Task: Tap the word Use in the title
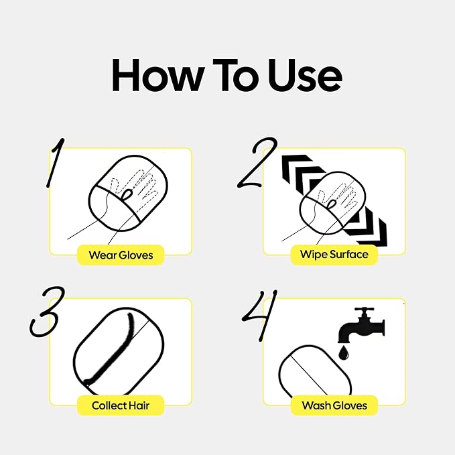(305, 75)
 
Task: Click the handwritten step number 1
(55, 162)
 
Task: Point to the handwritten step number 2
(257, 163)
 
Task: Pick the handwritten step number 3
(46, 312)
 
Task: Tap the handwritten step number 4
(259, 315)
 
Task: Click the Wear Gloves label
(121, 255)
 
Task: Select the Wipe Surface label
(334, 255)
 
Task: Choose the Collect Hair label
(121, 405)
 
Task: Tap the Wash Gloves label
(334, 405)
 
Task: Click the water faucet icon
(361, 325)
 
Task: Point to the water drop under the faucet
(344, 353)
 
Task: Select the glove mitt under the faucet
(315, 371)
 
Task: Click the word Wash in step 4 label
(316, 405)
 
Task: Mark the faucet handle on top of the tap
(364, 310)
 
